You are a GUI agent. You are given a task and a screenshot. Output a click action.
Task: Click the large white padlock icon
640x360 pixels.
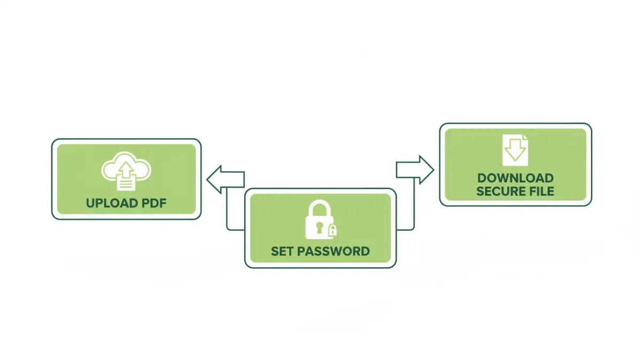tap(319, 220)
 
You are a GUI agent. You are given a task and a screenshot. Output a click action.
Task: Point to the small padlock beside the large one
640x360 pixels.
tap(332, 230)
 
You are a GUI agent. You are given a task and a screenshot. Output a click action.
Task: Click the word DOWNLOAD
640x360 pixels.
tap(515, 178)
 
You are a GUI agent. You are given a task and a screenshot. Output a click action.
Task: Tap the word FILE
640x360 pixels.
tap(540, 191)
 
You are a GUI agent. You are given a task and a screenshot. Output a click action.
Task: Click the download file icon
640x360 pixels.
tap(515, 149)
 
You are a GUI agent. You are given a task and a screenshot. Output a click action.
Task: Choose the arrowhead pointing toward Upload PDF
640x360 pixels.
tap(213, 179)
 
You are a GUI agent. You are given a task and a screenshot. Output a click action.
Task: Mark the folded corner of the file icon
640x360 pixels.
tap(524, 138)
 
